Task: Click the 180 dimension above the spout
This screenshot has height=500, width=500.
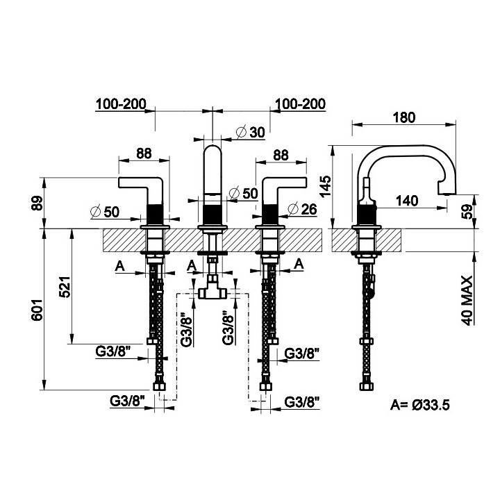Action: coord(404,117)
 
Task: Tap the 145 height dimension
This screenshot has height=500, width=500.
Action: coord(326,187)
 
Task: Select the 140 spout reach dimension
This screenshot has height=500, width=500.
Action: coord(407,201)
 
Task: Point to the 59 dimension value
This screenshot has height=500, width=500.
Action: coord(467,211)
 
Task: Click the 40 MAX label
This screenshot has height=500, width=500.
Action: coord(467,301)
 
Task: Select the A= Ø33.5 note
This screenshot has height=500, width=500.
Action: coord(420,405)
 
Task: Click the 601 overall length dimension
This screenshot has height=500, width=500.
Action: coord(37,310)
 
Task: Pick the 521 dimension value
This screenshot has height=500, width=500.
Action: coord(65,287)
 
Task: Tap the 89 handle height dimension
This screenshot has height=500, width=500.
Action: coord(37,203)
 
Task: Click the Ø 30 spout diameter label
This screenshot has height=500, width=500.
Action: coord(250,132)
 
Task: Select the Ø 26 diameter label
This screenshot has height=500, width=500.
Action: coord(302,209)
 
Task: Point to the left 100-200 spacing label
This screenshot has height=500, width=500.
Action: coord(121,104)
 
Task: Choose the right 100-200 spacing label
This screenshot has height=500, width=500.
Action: coord(300,104)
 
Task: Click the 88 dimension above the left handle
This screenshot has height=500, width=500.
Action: coord(144,153)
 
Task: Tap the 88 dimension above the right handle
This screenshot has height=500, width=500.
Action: coord(281,156)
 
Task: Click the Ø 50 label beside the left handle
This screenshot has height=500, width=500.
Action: coord(105,211)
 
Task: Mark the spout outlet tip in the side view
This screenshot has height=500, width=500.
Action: coord(447,192)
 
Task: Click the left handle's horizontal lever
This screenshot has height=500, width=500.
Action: coord(140,183)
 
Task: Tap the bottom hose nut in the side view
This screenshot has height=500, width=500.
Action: coord(367,387)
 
